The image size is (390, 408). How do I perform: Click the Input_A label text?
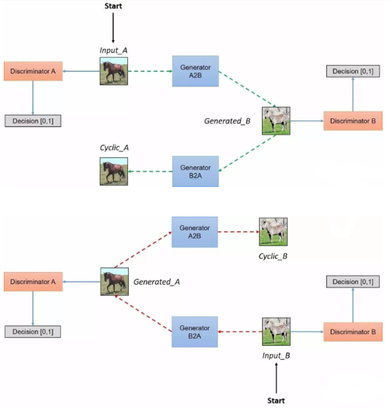[113, 50]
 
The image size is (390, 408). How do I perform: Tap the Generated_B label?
[227, 121]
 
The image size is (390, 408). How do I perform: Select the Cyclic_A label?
[114, 148]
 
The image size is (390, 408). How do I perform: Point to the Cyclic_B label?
[273, 256]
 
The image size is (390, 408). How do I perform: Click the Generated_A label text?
[157, 282]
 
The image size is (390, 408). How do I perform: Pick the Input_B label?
[276, 356]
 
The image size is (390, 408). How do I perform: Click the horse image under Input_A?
[114, 71]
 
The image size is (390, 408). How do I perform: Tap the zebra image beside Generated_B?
[276, 120]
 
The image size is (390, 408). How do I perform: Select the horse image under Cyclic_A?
[114, 171]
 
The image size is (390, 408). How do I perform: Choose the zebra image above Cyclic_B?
[273, 231]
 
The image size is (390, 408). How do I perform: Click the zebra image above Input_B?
[276, 331]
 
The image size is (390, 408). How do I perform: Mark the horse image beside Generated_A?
[115, 282]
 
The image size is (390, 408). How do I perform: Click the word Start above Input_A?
[113, 6]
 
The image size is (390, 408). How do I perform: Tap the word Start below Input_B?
[276, 401]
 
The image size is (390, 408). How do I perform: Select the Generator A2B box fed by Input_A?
[195, 71]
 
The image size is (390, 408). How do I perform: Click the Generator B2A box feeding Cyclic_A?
[195, 171]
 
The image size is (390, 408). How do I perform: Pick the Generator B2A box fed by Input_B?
[195, 332]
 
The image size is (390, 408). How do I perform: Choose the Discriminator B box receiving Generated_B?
[353, 121]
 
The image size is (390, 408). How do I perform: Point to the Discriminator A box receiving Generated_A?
[33, 282]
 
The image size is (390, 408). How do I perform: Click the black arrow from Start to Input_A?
[113, 28]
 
